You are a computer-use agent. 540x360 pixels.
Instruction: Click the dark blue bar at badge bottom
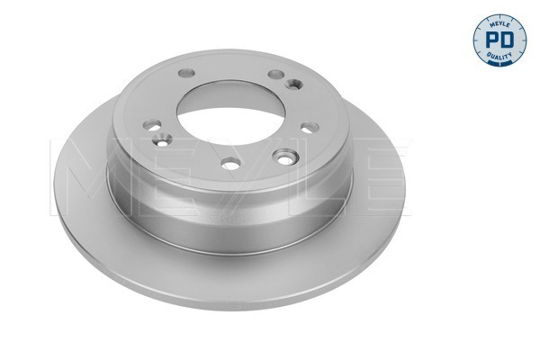499,61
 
